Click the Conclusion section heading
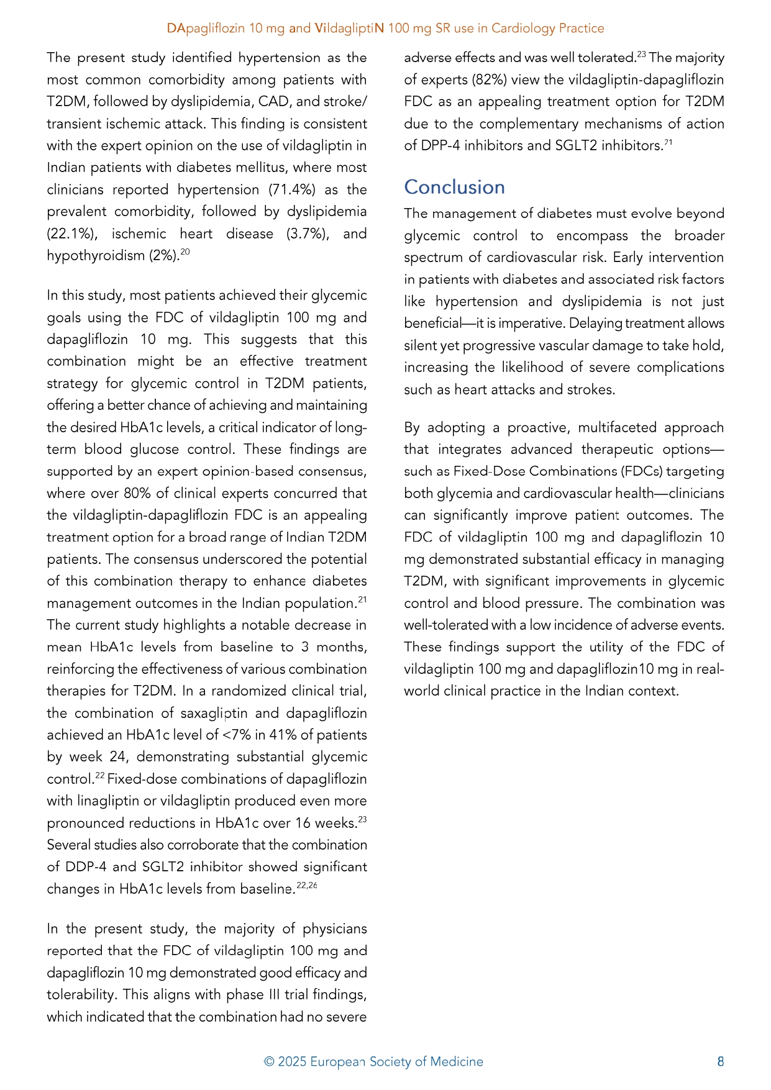pos(454,187)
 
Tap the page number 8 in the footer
pos(721,1061)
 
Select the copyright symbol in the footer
pos(269,1061)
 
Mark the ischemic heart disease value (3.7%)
pos(308,234)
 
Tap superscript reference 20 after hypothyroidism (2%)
pos(185,252)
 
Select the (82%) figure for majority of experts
pos(490,79)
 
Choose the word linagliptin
pos(107,801)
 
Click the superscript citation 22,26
pos(307,885)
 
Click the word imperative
pos(532,323)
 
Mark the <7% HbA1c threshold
pos(236,735)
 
